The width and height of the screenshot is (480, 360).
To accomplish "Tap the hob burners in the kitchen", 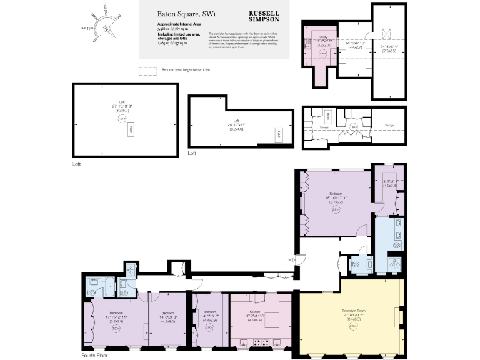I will coord(261,341).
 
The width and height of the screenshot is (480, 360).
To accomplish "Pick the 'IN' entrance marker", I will coord(292,259).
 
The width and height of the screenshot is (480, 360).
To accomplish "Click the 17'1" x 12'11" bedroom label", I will coord(116,315).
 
